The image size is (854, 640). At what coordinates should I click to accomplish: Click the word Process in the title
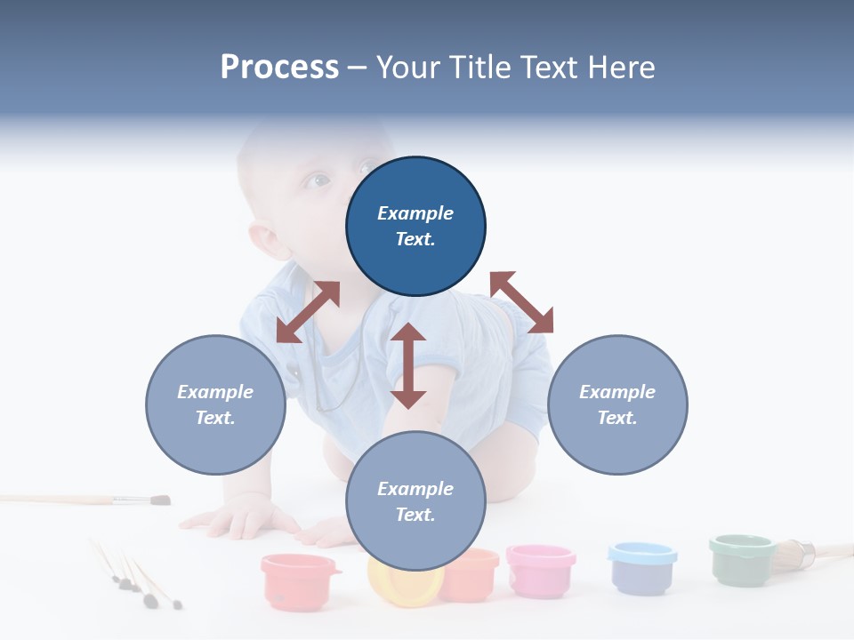point(279,68)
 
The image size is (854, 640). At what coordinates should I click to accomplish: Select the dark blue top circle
point(415,226)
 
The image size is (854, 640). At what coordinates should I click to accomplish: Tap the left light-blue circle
point(215,404)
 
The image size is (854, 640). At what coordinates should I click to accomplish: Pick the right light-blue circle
point(617,404)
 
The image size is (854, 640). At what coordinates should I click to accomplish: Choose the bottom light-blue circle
point(415,501)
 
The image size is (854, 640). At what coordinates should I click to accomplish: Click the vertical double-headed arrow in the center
point(408,365)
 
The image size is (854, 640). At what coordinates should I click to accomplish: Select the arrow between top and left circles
point(308,312)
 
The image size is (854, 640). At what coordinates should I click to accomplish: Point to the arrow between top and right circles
point(521,302)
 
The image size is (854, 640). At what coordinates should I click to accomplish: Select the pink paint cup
point(540,569)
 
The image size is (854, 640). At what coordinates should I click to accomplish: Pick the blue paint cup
point(640,566)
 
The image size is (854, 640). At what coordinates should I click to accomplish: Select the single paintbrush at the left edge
point(89,500)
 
